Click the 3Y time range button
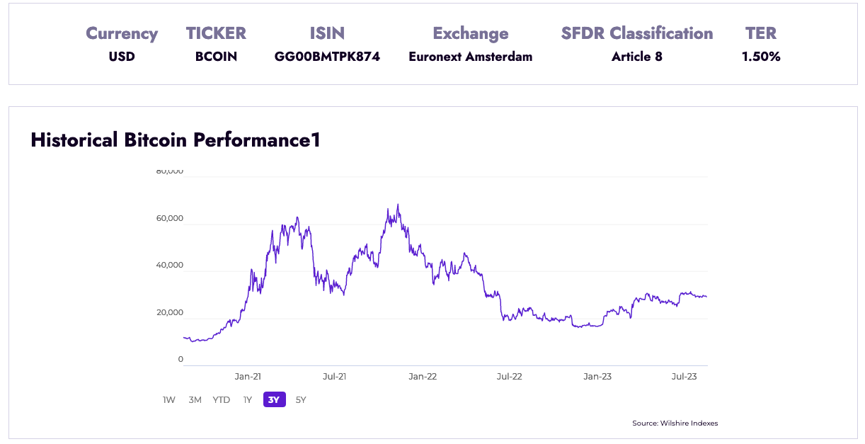point(275,400)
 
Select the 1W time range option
point(169,400)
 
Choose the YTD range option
point(222,400)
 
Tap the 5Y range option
point(301,400)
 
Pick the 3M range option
point(195,400)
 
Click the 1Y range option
point(248,400)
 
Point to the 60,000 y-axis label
point(170,218)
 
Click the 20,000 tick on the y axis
point(170,312)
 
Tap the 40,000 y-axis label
point(170,266)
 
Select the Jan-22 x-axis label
point(423,377)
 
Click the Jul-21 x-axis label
point(334,377)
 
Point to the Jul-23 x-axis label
point(684,377)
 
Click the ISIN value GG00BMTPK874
point(327,57)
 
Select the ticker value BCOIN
point(216,57)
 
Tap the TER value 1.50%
point(761,57)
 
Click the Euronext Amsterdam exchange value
point(470,57)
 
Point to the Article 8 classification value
point(637,57)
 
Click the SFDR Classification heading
point(637,33)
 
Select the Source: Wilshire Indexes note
point(675,423)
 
